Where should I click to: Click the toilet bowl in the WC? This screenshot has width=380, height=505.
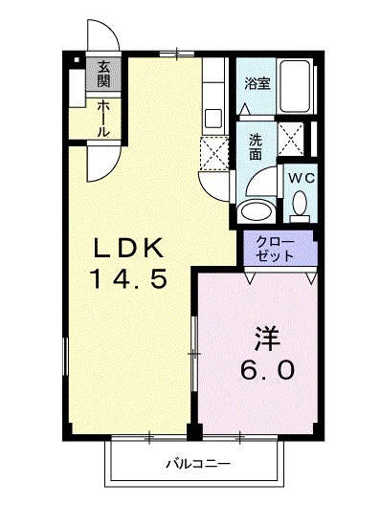tap(299, 204)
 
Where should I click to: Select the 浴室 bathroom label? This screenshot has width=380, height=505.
tap(257, 83)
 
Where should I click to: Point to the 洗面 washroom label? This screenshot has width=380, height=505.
tap(255, 144)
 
